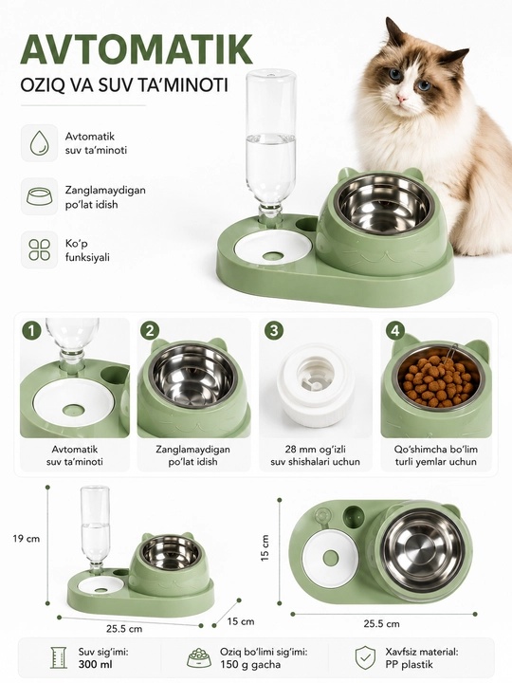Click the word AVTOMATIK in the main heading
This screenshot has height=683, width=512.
137,48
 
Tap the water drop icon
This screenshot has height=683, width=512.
39,143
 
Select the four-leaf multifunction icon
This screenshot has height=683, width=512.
39,249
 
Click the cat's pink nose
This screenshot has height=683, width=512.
401,99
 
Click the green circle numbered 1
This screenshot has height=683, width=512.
31,331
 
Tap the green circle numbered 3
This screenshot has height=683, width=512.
274,331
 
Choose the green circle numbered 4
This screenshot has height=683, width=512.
394,331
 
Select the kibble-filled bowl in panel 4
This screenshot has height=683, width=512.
437,378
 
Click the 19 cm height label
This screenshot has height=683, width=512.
27,539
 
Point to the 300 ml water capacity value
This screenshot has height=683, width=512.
96,664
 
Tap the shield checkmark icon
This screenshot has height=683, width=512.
365,657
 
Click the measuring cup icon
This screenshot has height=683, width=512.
59,657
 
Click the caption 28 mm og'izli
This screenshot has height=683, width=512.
315,449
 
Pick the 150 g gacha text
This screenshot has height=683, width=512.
250,664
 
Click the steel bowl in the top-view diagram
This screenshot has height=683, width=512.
424,550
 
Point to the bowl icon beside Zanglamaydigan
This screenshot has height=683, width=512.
39,196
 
